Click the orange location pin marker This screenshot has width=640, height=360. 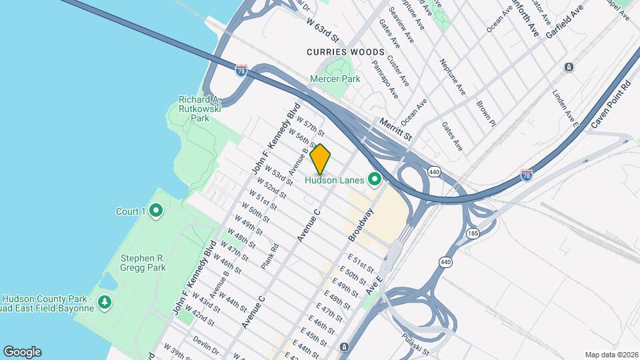[x=321, y=159]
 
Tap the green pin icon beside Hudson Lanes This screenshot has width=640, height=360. [x=375, y=179]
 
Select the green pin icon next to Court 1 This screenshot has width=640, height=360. [x=156, y=212]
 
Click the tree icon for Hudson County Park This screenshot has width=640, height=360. [x=105, y=303]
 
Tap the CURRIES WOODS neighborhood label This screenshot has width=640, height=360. [x=345, y=52]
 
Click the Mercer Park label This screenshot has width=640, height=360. [x=335, y=79]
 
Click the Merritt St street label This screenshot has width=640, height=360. [x=396, y=129]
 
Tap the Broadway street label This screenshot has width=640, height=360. [x=361, y=224]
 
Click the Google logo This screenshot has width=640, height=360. [x=22, y=352]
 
